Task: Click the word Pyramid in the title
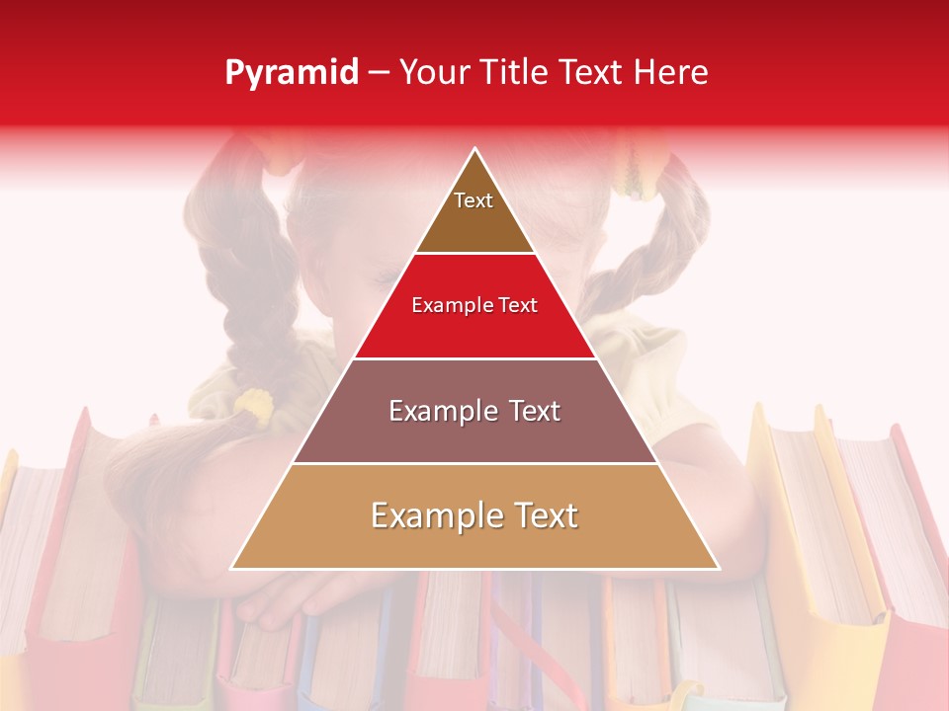(291, 73)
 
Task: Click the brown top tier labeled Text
(474, 212)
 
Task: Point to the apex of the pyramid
(474, 149)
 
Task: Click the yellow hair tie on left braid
(253, 405)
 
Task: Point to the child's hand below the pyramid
(297, 597)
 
